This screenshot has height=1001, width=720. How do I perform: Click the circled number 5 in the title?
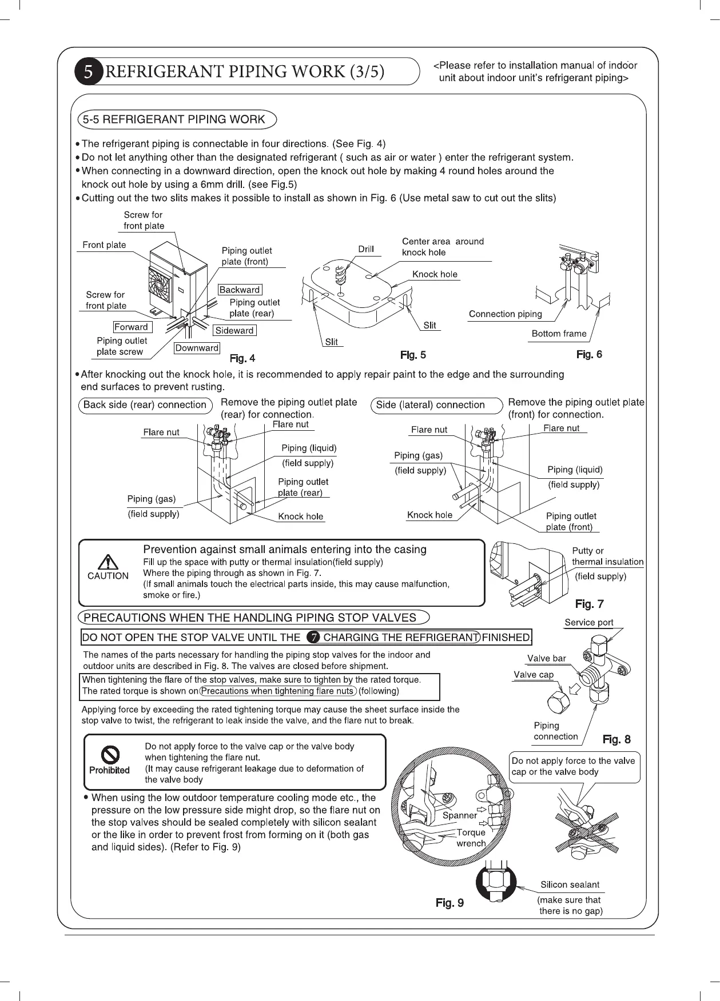point(88,72)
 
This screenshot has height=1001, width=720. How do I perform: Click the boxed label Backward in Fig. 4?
point(240,290)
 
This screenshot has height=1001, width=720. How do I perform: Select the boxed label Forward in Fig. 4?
point(131,327)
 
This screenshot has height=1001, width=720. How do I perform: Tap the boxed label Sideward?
point(234,330)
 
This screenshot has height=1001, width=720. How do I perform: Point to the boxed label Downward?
point(197,348)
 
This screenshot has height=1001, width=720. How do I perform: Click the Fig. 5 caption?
point(413,355)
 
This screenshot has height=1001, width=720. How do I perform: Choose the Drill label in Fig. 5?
point(366,249)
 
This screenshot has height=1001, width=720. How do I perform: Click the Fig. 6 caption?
point(589,354)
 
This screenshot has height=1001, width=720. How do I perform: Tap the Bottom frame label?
point(559,334)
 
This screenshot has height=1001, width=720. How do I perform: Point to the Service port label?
point(588,622)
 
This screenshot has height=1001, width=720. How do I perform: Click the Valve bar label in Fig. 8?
point(546,658)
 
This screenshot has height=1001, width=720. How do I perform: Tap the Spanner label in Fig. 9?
point(459,815)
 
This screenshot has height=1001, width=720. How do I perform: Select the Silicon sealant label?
point(570,884)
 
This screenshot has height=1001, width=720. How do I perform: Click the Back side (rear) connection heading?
point(145,405)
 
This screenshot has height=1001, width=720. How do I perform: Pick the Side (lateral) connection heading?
point(430,405)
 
